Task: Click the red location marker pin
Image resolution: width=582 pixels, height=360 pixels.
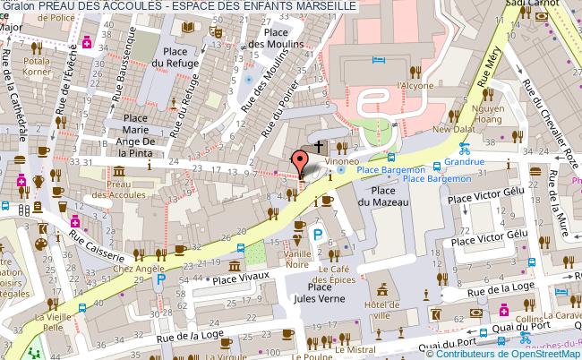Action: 300,164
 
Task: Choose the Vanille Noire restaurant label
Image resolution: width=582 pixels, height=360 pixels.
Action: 296,258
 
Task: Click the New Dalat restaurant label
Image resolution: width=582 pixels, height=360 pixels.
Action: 453,129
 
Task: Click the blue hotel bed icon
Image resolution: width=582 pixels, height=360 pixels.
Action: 379,59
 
